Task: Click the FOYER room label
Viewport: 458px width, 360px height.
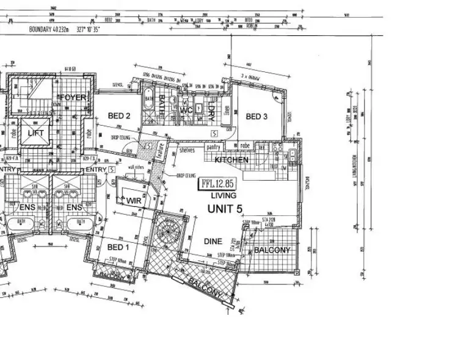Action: coord(72,98)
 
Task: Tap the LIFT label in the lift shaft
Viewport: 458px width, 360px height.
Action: coord(33,132)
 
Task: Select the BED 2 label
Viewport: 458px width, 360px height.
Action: coord(119,116)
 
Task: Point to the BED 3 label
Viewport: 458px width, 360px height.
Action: coord(256,117)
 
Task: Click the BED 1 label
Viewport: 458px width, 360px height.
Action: coord(118,247)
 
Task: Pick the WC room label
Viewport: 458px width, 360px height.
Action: coord(186,110)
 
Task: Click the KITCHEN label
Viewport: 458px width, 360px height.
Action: coord(231,160)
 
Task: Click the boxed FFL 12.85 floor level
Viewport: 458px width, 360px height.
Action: coord(216,183)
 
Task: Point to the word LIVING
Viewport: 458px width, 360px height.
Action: coord(224,196)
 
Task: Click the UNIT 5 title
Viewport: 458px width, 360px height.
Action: coord(225,209)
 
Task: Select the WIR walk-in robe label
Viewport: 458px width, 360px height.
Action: coord(134,200)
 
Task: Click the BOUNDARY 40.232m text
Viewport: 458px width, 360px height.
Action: coord(58,29)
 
